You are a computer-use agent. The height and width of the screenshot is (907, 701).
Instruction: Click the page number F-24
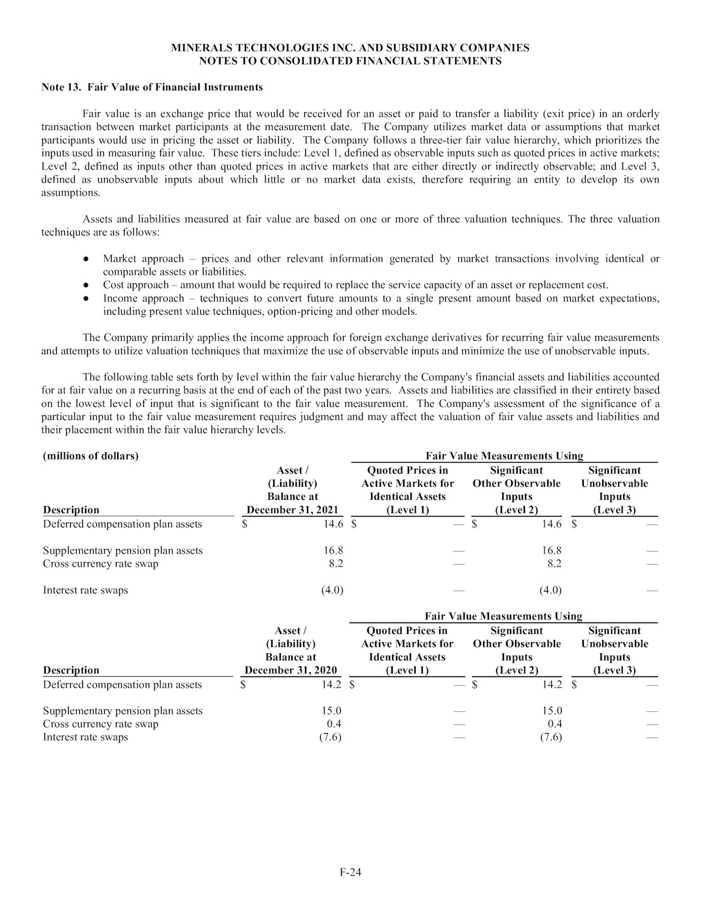point(350,872)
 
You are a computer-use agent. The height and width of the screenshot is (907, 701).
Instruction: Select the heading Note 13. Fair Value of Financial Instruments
point(153,87)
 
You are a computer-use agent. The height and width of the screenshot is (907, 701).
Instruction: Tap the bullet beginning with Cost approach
point(355,285)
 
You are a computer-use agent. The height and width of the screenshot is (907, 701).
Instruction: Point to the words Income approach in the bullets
point(143,298)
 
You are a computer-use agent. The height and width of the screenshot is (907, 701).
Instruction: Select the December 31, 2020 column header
point(291,670)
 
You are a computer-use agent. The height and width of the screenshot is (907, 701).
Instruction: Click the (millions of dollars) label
point(90,456)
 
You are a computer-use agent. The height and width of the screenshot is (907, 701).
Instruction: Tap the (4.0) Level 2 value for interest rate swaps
point(550,590)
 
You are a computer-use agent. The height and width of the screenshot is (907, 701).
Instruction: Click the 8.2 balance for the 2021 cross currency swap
point(335,563)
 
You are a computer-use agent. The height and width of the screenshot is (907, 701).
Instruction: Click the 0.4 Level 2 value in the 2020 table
point(554,724)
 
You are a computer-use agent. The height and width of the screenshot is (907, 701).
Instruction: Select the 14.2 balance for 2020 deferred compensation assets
point(331,685)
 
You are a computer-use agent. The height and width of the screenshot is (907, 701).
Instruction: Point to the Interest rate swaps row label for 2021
point(85,590)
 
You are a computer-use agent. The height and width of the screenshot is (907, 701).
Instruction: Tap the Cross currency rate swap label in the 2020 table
point(100,724)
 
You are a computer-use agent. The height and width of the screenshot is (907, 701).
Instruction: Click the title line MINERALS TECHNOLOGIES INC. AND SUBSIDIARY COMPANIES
point(350,48)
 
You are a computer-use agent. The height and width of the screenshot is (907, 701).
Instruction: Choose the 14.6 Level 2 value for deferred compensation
point(550,524)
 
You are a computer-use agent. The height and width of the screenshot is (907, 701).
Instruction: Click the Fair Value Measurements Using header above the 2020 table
point(503,616)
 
